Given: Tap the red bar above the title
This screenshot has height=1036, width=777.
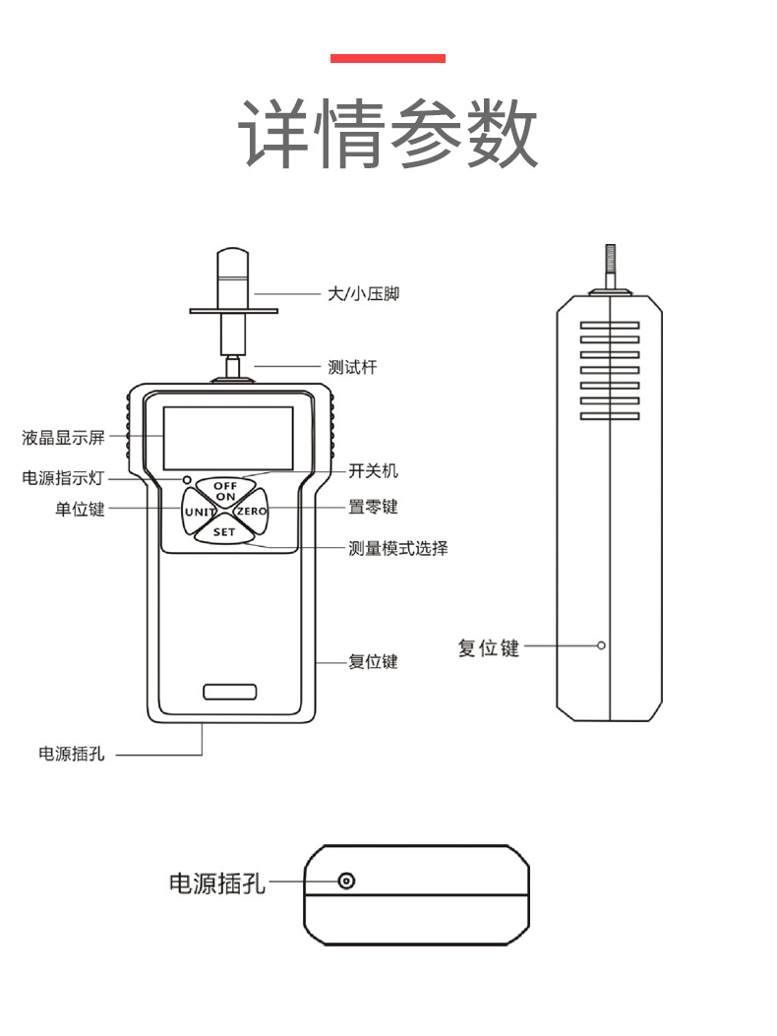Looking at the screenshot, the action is pos(388,59).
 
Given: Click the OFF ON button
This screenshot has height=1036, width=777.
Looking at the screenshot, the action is pos(225,490).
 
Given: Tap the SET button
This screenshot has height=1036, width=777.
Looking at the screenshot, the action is pos(224,531).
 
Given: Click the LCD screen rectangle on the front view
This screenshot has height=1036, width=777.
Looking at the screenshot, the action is pos(227,438).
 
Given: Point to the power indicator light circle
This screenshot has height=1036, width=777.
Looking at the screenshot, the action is pos(186,479).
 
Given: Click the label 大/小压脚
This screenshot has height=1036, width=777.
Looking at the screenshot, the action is pos(363,293).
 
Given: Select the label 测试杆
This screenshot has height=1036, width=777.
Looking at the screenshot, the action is pos(352,367).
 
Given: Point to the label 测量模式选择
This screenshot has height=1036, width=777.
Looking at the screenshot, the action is pos(398,548).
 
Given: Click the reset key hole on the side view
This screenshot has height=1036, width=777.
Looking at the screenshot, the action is pos(601,645).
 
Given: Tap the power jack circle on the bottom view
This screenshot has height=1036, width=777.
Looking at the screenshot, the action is pos(345,881).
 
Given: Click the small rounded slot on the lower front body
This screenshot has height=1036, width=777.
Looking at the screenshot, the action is pos(229,691).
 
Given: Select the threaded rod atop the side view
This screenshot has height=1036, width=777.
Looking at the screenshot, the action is pos(610,267).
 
